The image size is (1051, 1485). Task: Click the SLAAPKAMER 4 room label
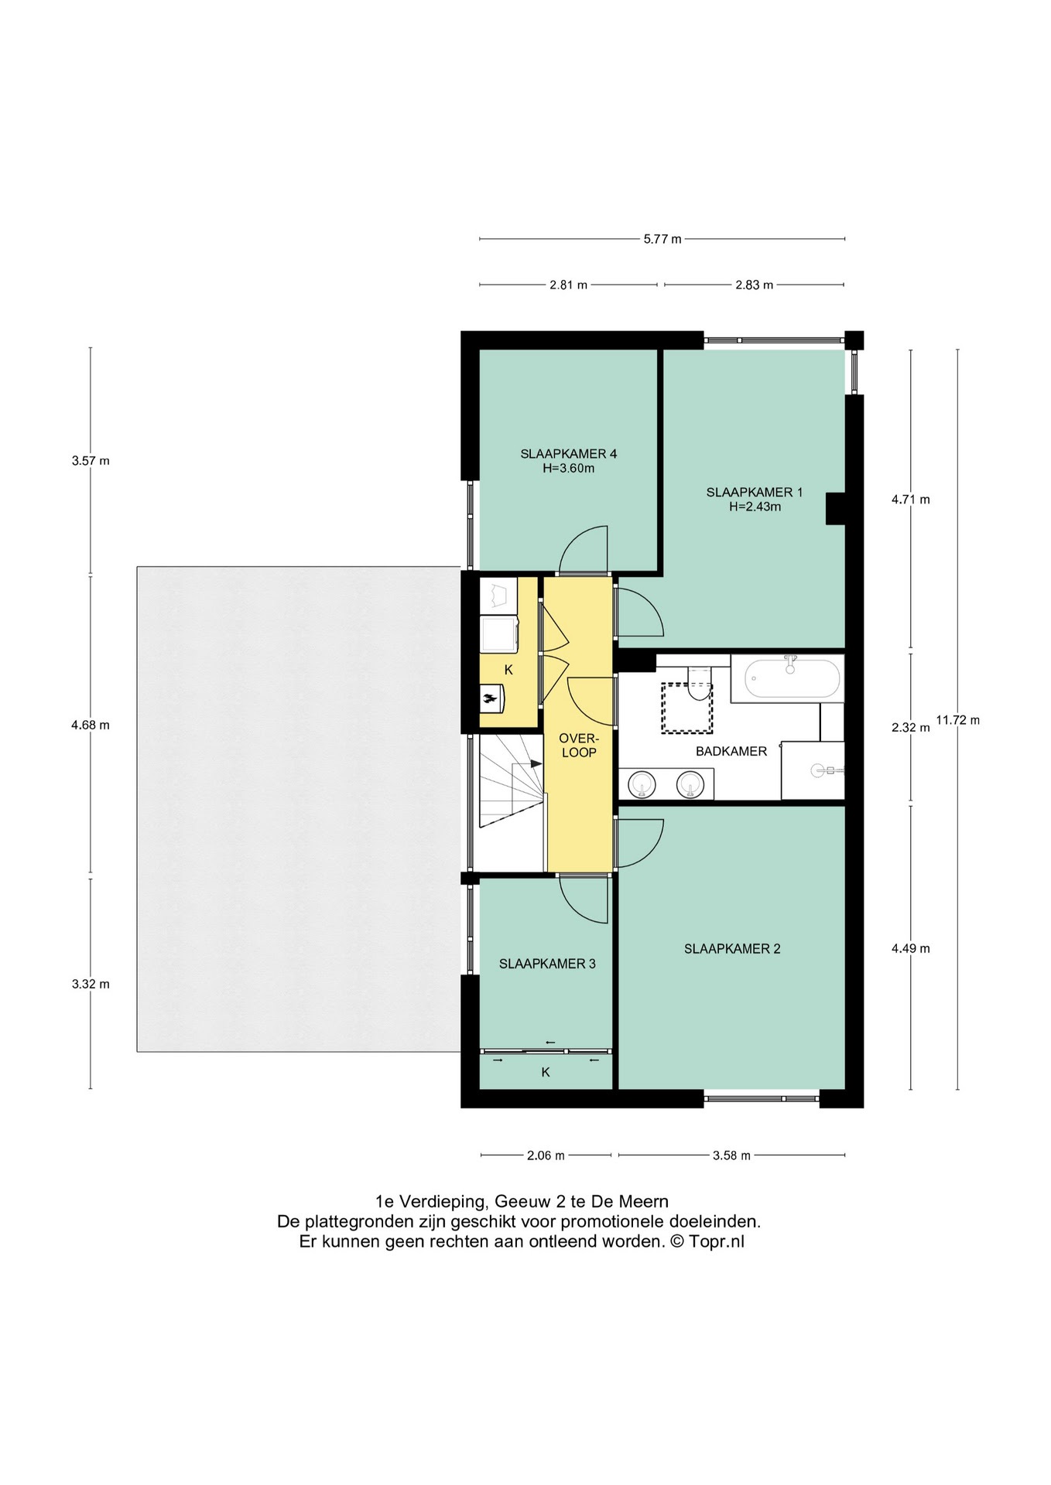pyautogui.click(x=568, y=454)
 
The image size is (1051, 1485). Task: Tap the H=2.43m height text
pyautogui.click(x=755, y=507)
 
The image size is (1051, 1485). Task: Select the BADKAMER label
pyautogui.click(x=731, y=751)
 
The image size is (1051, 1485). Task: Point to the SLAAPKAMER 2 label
pyautogui.click(x=731, y=949)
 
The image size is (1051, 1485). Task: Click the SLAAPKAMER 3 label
pyautogui.click(x=546, y=964)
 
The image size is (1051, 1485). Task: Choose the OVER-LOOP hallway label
pyautogui.click(x=578, y=746)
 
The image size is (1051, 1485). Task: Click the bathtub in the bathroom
pyautogui.click(x=791, y=678)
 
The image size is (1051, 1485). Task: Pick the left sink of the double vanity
pyautogui.click(x=642, y=784)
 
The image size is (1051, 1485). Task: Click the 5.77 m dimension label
pyautogui.click(x=662, y=239)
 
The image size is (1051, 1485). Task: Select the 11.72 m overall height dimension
pyautogui.click(x=957, y=720)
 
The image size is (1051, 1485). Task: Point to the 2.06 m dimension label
pyautogui.click(x=546, y=1156)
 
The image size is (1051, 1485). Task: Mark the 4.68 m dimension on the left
pyautogui.click(x=91, y=725)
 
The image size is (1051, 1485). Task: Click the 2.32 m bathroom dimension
pyautogui.click(x=910, y=727)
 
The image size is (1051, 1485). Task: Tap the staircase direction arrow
pyautogui.click(x=536, y=763)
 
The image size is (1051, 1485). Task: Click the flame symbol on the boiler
pyautogui.click(x=488, y=699)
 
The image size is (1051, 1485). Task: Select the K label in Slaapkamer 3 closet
pyautogui.click(x=546, y=1072)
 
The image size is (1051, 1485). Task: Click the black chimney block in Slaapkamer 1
pyautogui.click(x=835, y=508)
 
